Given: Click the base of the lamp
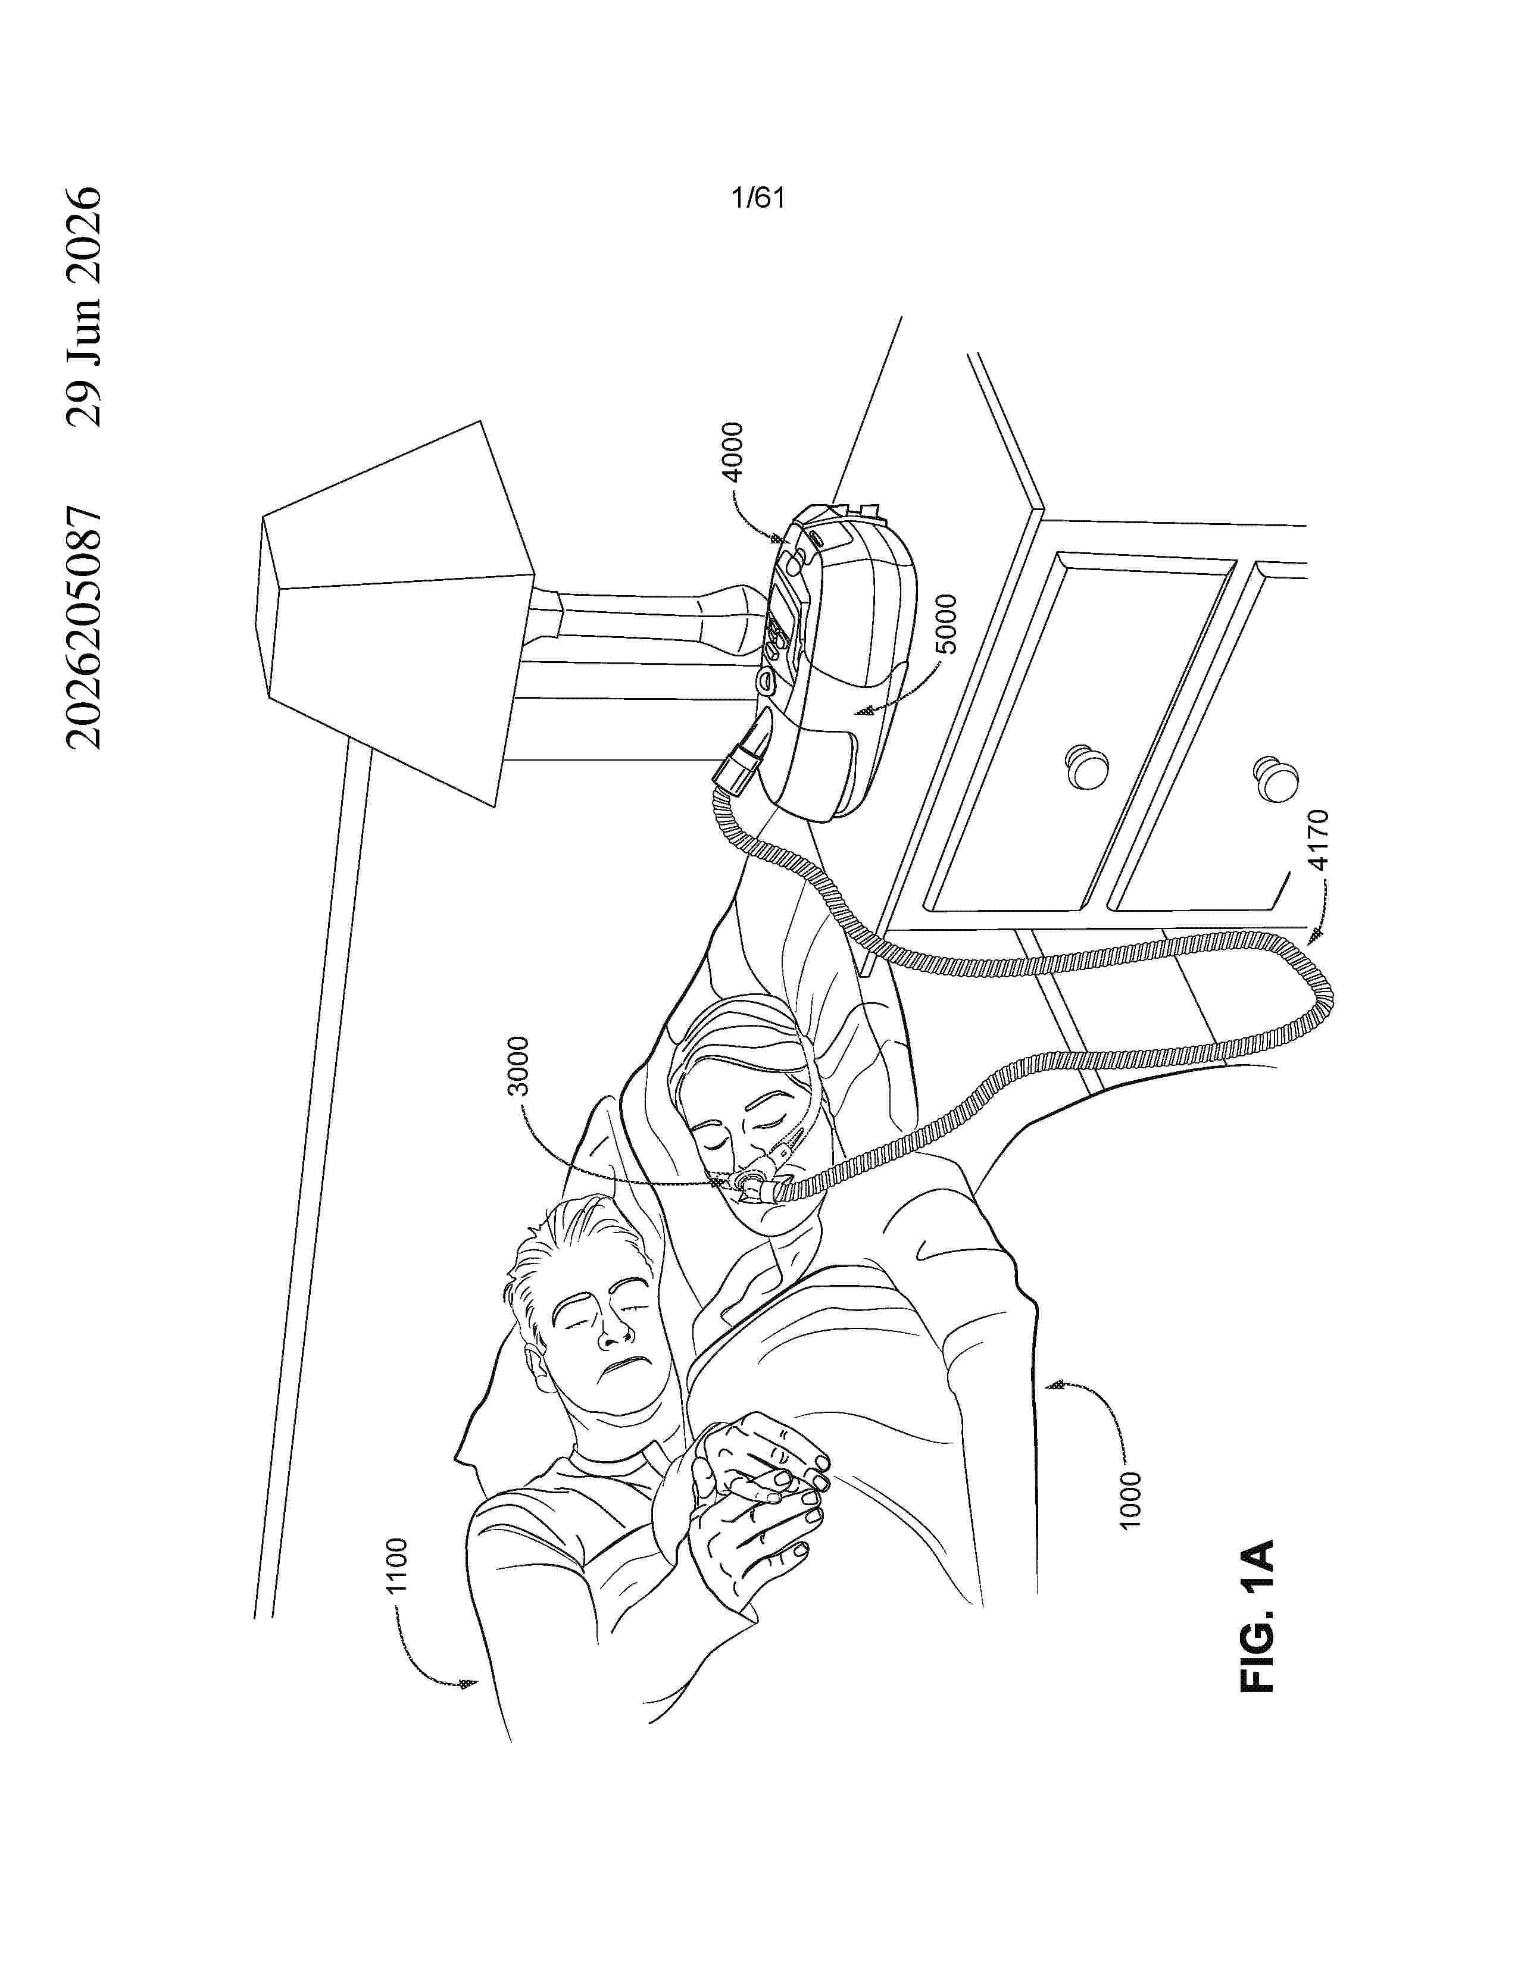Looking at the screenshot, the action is [x=729, y=618].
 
